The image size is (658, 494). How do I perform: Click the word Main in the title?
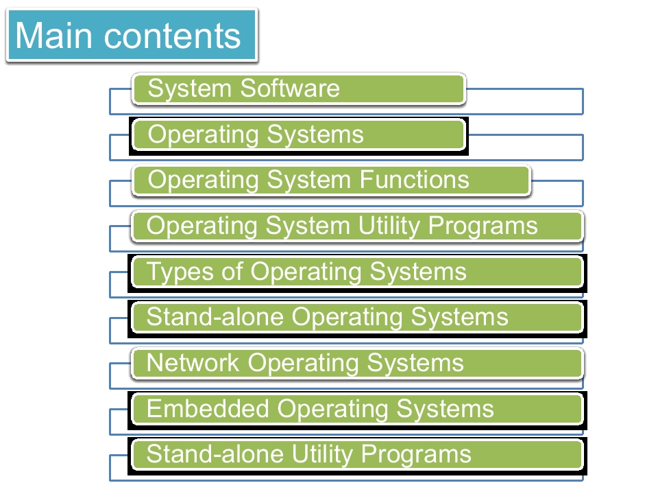click(53, 35)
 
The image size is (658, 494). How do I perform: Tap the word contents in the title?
click(172, 36)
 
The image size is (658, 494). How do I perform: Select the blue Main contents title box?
click(132, 35)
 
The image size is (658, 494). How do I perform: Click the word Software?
click(290, 89)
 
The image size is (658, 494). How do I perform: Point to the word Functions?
click(414, 180)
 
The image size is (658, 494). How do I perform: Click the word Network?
click(193, 362)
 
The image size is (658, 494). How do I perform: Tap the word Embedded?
click(208, 408)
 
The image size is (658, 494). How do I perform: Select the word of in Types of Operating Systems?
click(232, 271)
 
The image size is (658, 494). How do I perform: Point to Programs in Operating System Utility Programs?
click(483, 227)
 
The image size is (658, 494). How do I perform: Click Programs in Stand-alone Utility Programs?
click(416, 456)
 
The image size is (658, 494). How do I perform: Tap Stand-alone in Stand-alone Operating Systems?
click(215, 317)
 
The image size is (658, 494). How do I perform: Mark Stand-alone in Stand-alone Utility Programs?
click(215, 454)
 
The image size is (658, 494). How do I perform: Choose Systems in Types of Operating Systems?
click(418, 272)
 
